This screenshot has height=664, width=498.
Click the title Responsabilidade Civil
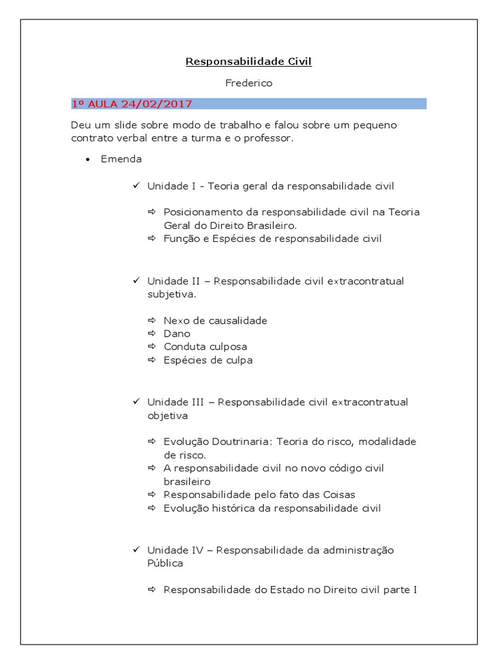(248, 62)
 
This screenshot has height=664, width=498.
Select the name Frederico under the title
(248, 83)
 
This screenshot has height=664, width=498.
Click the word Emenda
(121, 159)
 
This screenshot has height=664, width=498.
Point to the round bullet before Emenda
(87, 160)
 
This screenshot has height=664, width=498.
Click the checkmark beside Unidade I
(136, 185)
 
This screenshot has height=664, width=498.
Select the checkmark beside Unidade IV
(136, 549)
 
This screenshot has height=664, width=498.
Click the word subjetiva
(171, 294)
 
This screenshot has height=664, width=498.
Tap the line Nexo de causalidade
(215, 320)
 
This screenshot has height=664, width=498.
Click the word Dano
(177, 333)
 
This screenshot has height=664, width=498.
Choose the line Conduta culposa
(205, 346)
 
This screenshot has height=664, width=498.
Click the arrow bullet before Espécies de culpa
(152, 360)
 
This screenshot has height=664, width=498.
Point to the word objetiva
(167, 415)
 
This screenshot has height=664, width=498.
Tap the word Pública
(165, 563)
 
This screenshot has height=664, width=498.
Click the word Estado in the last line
(271, 590)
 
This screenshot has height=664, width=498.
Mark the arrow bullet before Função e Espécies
(152, 239)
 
